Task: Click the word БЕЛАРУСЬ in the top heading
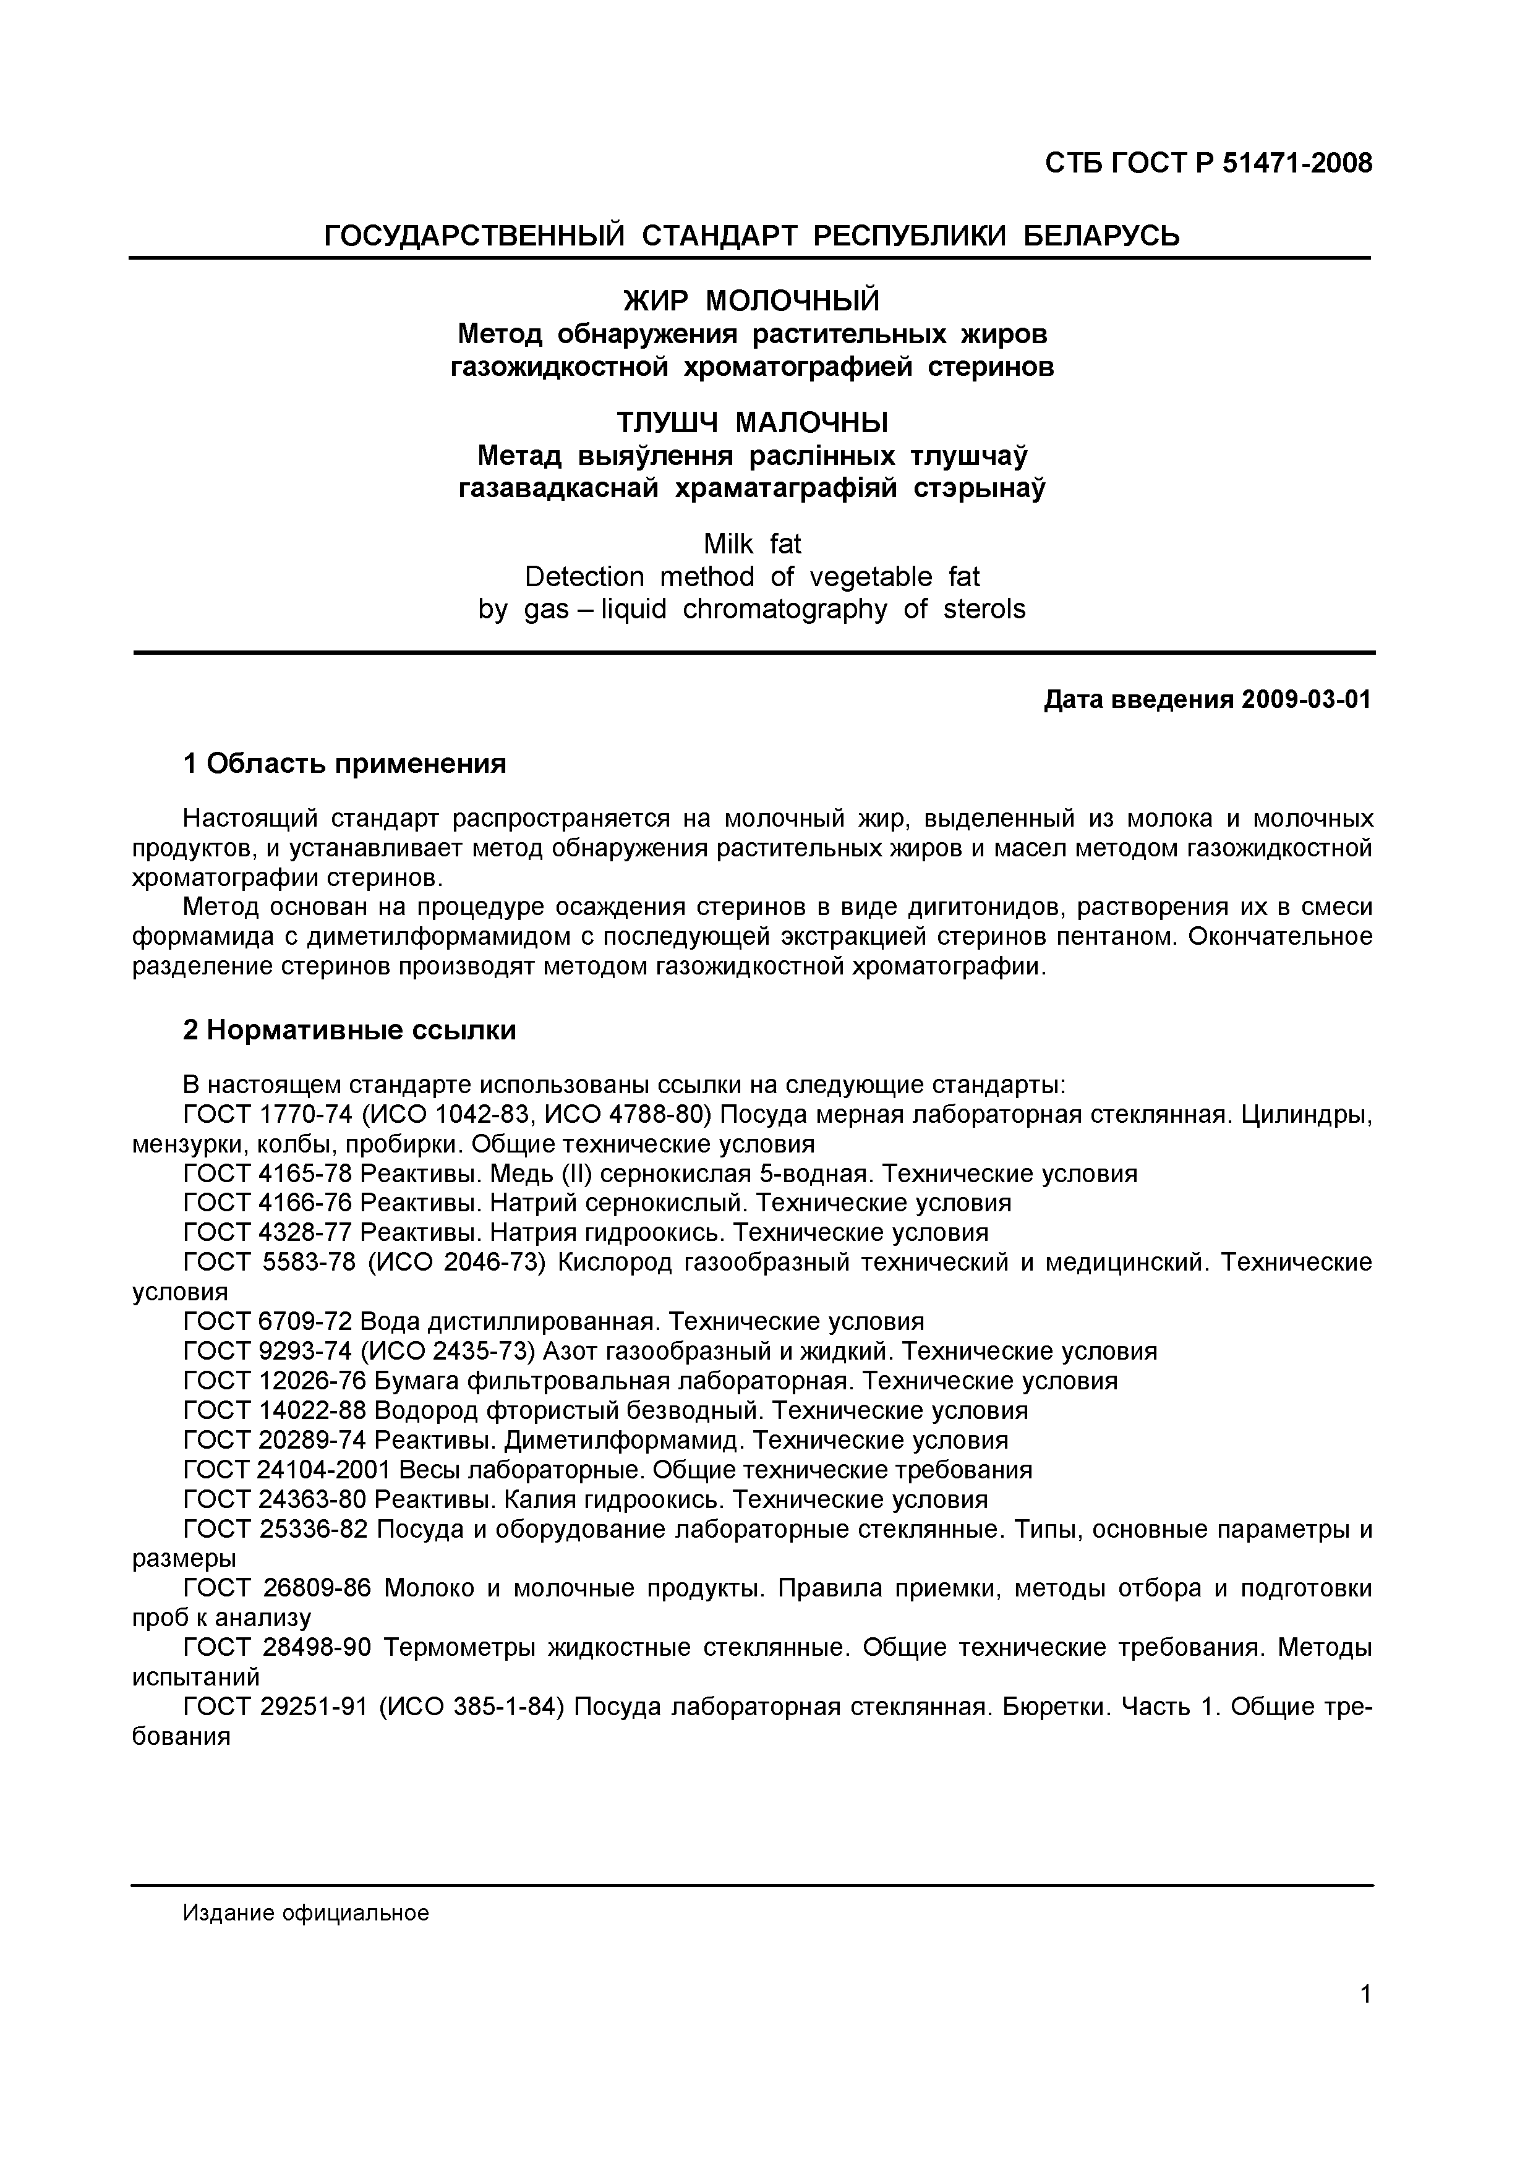1102,234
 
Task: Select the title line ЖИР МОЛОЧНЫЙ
752,300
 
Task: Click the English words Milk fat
752,544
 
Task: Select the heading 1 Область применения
345,764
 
